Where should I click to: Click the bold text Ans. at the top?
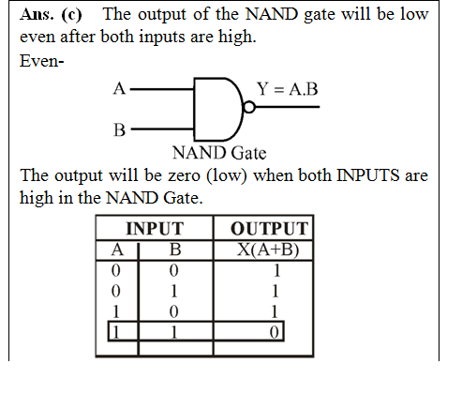pos(37,14)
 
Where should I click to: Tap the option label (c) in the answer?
pos(71,15)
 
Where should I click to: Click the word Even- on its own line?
pos(42,60)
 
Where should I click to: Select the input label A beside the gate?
pos(119,88)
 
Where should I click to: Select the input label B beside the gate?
pos(119,129)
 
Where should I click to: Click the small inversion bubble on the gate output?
pos(249,107)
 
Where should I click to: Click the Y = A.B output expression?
pos(288,89)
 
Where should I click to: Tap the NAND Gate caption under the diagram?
pos(219,153)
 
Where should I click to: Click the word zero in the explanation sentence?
pos(184,175)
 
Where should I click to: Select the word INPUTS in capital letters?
pos(368,175)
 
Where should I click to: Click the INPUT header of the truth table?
pos(155,228)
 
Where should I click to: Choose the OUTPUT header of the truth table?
pos(269,228)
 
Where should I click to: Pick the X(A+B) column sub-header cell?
pos(268,250)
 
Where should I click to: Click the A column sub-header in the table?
pos(117,250)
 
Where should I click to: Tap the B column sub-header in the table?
pos(175,250)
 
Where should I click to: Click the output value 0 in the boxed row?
pos(274,332)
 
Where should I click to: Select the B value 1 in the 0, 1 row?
pos(174,292)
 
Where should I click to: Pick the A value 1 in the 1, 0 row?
pos(116,311)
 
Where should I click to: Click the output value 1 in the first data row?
pos(276,271)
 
